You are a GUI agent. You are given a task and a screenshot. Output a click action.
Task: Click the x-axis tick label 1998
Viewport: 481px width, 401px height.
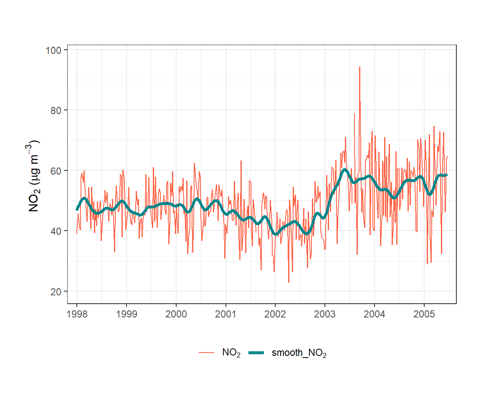(77, 314)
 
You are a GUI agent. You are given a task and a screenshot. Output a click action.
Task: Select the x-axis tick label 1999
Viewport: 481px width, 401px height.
(127, 314)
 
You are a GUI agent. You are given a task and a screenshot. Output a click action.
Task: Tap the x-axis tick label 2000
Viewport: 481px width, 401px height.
(176, 314)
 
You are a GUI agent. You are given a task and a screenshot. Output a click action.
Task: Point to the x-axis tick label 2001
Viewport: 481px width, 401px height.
(226, 314)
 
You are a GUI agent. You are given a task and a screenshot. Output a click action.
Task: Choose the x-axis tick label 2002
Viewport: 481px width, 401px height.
(275, 314)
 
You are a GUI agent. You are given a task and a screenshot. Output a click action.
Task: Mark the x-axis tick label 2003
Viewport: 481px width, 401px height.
(325, 314)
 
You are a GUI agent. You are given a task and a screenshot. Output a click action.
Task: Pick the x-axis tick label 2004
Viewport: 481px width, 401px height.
(375, 314)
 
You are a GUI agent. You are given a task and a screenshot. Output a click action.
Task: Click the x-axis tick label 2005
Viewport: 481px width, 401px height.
(424, 314)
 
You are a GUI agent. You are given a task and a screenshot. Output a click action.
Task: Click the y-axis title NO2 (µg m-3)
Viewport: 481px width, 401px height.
(34, 176)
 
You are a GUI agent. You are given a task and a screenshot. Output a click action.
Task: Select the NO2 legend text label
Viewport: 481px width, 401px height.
(231, 353)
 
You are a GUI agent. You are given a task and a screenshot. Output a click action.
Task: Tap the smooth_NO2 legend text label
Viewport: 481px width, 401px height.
(299, 353)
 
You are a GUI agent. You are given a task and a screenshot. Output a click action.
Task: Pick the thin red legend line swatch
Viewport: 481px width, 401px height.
(207, 353)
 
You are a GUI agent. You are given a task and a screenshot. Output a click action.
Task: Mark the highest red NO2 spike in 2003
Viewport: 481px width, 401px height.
(359, 67)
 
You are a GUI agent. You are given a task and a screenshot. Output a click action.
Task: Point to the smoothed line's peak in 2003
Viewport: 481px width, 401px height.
(344, 170)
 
